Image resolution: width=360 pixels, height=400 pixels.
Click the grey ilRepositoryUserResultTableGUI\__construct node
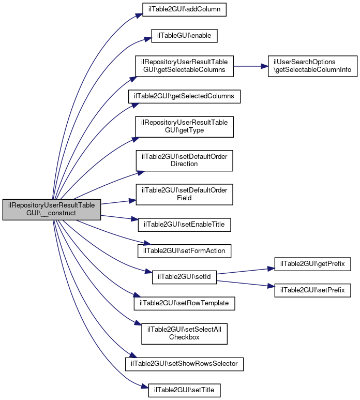[x=51, y=209]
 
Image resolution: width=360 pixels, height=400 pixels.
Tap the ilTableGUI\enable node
[x=184, y=36]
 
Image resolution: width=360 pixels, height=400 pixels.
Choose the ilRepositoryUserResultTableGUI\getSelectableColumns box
[x=184, y=66]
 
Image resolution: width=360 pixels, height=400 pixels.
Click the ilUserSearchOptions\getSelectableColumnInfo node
[x=312, y=66]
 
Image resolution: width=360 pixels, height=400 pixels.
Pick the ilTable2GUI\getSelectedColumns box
[x=184, y=96]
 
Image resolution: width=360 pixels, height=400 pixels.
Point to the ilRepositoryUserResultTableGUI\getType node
[x=184, y=126]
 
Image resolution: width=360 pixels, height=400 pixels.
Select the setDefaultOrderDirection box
[x=184, y=160]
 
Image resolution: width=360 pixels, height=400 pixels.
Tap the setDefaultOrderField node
[x=184, y=194]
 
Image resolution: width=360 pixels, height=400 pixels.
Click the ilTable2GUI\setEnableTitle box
[x=184, y=225]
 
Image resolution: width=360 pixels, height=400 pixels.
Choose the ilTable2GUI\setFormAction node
[x=184, y=250]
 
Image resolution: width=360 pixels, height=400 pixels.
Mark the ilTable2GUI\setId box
[x=184, y=276]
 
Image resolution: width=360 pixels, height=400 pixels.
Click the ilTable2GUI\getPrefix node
[x=312, y=264]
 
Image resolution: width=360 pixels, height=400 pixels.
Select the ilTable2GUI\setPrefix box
[x=312, y=289]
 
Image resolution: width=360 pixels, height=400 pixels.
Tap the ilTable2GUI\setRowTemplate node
[x=184, y=302]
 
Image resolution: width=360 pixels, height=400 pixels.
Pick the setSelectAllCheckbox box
[x=184, y=333]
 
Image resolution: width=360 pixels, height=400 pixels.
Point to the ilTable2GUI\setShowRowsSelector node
[x=184, y=364]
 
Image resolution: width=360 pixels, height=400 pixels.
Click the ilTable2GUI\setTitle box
[x=184, y=389]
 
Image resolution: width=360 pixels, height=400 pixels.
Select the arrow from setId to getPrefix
[x=243, y=272]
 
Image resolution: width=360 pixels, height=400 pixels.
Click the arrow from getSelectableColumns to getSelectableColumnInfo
[x=250, y=66]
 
